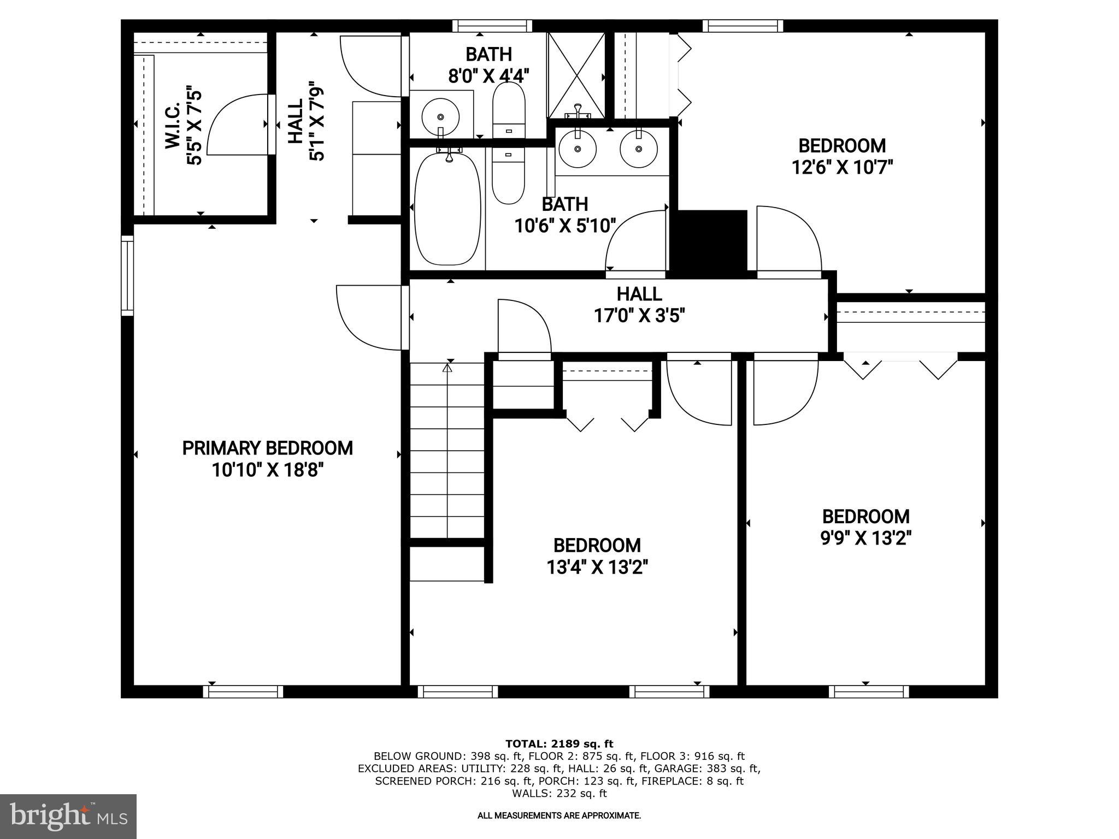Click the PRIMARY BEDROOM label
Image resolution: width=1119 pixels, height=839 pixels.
tap(267, 448)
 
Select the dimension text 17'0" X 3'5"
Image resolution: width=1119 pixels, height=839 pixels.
tap(639, 315)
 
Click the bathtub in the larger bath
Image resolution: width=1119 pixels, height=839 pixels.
tap(447, 209)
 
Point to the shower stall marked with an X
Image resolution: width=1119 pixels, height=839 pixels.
tap(576, 75)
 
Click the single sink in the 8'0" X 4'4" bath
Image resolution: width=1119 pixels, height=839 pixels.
tap(440, 116)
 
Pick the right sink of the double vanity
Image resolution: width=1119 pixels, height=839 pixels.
tap(638, 149)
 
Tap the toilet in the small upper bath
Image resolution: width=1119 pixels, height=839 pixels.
tap(509, 110)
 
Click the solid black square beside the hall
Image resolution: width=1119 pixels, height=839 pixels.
tap(712, 240)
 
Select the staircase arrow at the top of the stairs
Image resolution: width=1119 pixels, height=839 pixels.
tap(447, 368)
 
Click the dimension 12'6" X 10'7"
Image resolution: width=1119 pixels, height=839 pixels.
tap(842, 167)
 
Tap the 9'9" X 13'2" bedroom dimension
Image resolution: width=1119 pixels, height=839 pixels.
tap(865, 538)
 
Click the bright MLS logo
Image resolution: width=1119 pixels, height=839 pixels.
tap(68, 816)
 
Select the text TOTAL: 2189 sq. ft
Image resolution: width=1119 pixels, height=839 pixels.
tap(559, 743)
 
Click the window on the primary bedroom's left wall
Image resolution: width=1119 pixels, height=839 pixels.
tap(127, 275)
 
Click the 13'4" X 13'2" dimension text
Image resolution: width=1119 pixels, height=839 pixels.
tap(597, 568)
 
